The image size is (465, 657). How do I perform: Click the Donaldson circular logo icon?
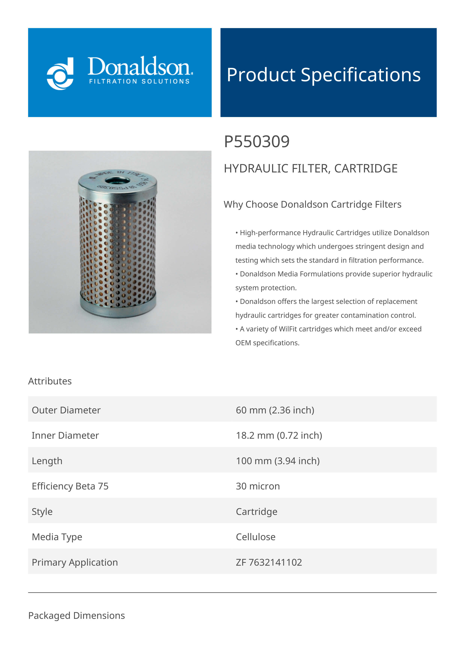pyautogui.click(x=60, y=74)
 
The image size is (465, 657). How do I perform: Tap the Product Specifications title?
pyautogui.click(x=323, y=75)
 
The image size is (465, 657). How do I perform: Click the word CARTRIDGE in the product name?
pyautogui.click(x=366, y=169)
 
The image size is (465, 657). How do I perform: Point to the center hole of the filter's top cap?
pyautogui.click(x=117, y=181)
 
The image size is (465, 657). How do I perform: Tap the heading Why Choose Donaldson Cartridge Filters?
pyautogui.click(x=312, y=204)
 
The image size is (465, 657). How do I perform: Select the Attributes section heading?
pyautogui.click(x=50, y=381)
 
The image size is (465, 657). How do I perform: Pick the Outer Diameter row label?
pyautogui.click(x=66, y=410)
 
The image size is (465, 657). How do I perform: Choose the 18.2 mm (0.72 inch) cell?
pyautogui.click(x=279, y=435)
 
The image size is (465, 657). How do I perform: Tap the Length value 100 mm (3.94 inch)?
pyautogui.click(x=278, y=461)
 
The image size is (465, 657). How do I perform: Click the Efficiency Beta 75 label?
pyautogui.click(x=70, y=486)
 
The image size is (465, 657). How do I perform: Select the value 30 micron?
pyautogui.click(x=258, y=486)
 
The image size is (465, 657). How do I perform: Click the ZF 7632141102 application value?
pyautogui.click(x=269, y=562)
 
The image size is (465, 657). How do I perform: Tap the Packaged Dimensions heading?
pyautogui.click(x=76, y=615)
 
